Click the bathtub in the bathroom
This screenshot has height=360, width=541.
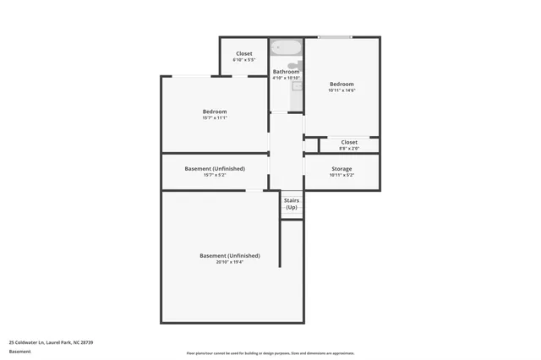point(287,47)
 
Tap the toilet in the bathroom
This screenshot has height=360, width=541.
point(292,65)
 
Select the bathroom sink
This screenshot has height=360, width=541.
point(298,85)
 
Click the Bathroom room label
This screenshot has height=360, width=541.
point(286,72)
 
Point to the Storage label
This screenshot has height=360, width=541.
point(342,169)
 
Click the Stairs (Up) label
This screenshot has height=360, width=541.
point(292,204)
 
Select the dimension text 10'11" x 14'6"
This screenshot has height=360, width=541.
point(342,90)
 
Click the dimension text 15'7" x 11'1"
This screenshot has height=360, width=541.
point(215,118)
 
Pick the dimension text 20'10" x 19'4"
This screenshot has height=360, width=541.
point(229,262)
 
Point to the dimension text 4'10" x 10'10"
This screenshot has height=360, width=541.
point(286,78)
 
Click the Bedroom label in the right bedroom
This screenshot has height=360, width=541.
point(342,85)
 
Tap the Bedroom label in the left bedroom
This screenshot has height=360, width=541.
point(215,112)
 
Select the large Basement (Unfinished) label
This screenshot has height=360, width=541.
point(229,255)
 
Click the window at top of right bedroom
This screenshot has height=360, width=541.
point(336,37)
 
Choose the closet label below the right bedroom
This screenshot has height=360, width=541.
point(349,142)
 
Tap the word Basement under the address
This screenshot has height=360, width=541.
point(19,351)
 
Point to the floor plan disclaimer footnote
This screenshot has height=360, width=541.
point(270,353)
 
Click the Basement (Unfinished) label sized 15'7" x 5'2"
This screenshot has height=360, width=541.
point(215,168)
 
